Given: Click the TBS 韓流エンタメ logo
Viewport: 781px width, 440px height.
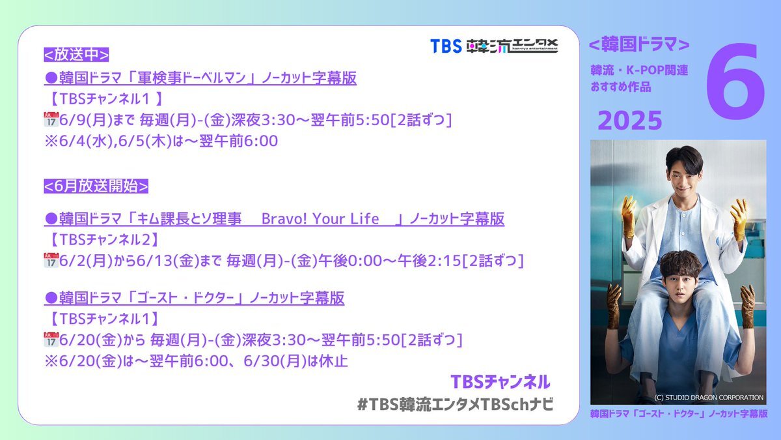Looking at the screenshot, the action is pyautogui.click(x=494, y=46).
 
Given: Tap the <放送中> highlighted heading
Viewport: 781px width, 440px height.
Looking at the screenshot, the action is pyautogui.click(x=76, y=55).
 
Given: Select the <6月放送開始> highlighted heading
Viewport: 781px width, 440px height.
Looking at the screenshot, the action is pyautogui.click(x=96, y=186).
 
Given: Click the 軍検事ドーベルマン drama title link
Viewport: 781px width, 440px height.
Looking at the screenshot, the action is pyautogui.click(x=200, y=78).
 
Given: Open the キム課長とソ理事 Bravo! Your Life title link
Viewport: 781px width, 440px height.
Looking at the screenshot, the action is pyautogui.click(x=275, y=219).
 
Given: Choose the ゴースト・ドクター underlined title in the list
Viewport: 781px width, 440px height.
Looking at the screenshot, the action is pyautogui.click(x=194, y=298).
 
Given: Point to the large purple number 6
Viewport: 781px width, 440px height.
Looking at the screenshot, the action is pyautogui.click(x=735, y=81).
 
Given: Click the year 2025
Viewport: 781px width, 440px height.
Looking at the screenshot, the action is pyautogui.click(x=630, y=121).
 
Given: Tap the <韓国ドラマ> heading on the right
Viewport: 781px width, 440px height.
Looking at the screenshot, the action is pyautogui.click(x=639, y=44).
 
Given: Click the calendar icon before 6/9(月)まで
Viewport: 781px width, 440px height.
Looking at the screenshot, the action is pyautogui.click(x=51, y=119).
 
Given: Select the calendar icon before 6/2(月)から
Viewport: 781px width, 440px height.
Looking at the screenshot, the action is pyautogui.click(x=51, y=260).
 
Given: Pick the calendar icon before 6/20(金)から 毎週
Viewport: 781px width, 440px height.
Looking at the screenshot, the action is pyautogui.click(x=51, y=339).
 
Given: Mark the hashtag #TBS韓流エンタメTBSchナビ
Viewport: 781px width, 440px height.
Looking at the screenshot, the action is pyautogui.click(x=455, y=404).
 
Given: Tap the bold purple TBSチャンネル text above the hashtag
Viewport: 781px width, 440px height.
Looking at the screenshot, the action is pyautogui.click(x=500, y=382).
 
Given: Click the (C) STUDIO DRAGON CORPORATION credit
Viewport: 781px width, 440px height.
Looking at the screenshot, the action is pyautogui.click(x=709, y=398).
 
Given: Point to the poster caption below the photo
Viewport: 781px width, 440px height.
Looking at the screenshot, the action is pyautogui.click(x=678, y=414).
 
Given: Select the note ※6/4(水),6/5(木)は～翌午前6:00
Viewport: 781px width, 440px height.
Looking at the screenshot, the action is pyautogui.click(x=161, y=141).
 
